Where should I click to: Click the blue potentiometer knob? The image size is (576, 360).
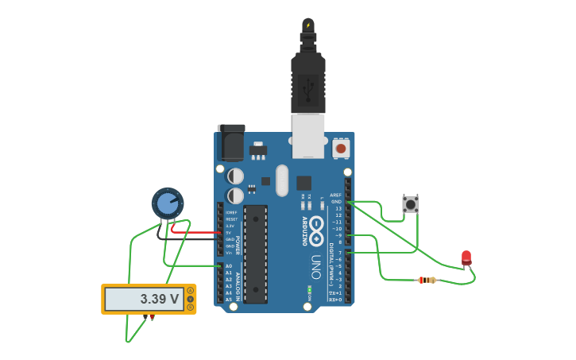(x=168, y=203)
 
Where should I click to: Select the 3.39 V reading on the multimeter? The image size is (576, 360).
(x=159, y=300)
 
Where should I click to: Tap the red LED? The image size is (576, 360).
(x=466, y=257)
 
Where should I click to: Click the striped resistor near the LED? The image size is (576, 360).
(x=427, y=280)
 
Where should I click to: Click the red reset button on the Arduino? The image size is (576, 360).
(x=341, y=148)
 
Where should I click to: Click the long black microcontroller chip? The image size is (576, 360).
(x=255, y=254)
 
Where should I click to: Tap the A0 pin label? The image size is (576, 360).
(x=229, y=266)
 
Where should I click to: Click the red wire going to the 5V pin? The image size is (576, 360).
(x=199, y=233)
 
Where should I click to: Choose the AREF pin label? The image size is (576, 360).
(x=335, y=195)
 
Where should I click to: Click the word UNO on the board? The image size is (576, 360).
(x=315, y=267)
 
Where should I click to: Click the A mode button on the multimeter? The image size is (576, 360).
(x=191, y=291)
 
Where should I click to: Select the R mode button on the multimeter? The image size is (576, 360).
(x=191, y=307)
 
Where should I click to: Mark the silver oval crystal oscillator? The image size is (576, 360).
(x=282, y=180)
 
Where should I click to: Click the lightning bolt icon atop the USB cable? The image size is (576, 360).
(x=308, y=25)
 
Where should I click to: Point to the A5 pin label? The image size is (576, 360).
(x=229, y=300)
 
